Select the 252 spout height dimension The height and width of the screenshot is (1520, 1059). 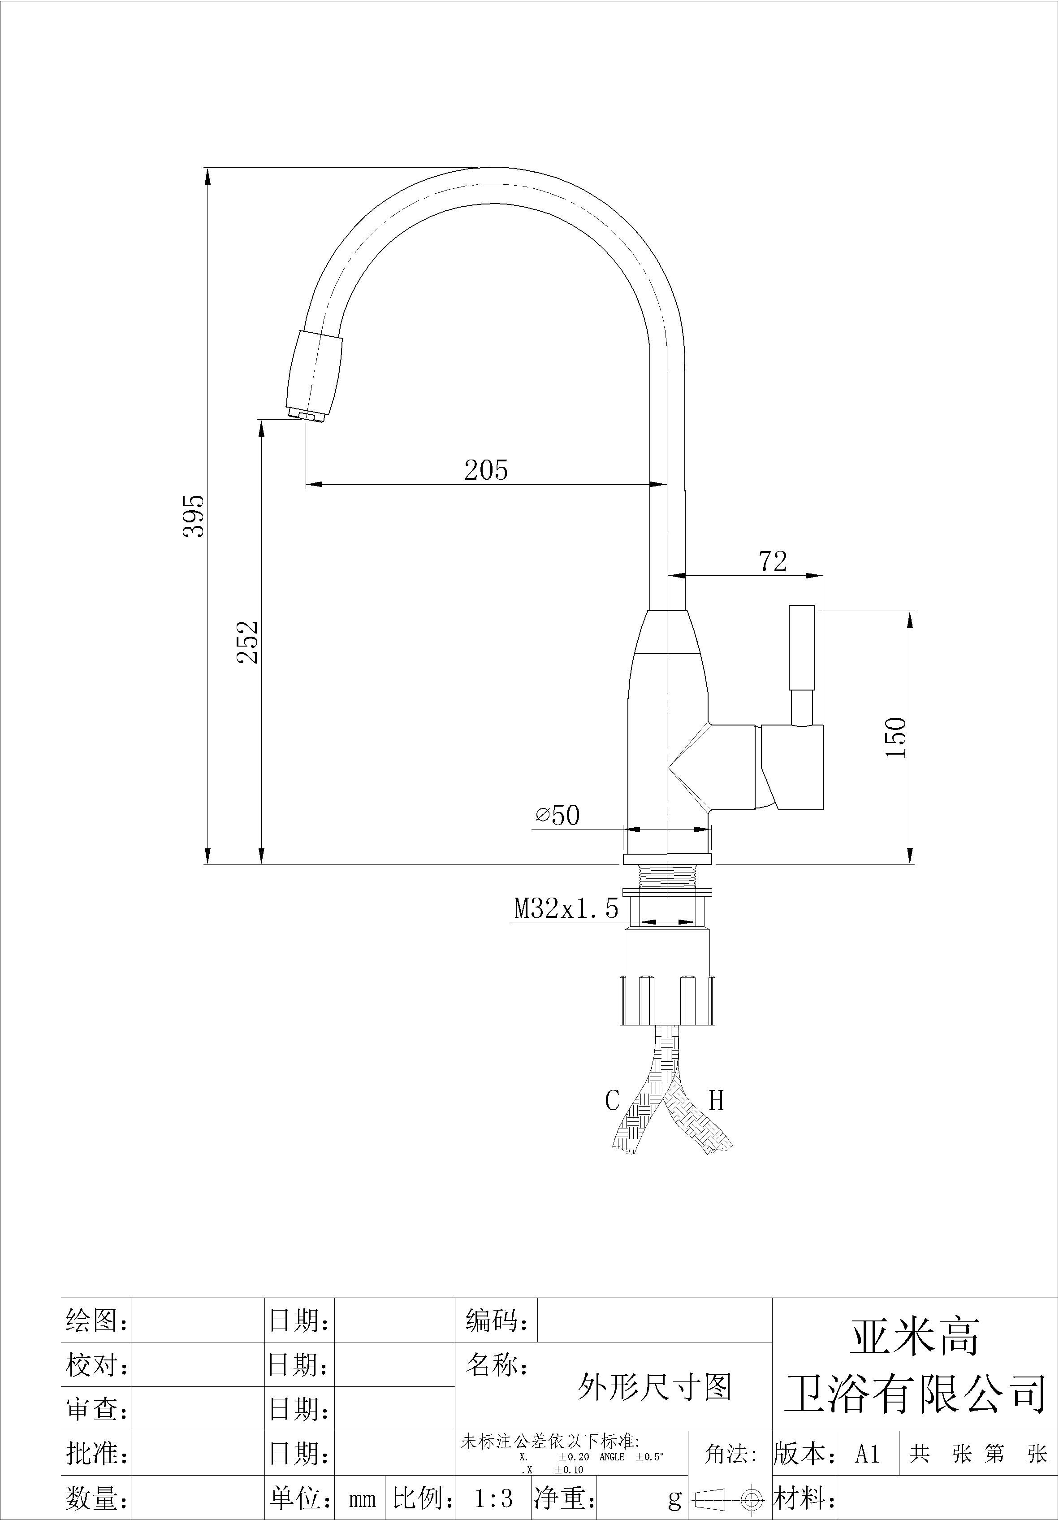[247, 642]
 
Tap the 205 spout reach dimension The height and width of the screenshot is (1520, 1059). [486, 470]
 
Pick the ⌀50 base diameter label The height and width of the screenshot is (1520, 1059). [558, 816]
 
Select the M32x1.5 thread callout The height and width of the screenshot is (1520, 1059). [566, 908]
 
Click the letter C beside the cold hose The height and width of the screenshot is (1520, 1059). [612, 1101]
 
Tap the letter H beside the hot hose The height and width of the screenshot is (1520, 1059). [717, 1100]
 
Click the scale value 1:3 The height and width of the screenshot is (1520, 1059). [494, 1498]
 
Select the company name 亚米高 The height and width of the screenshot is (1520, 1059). [914, 1337]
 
